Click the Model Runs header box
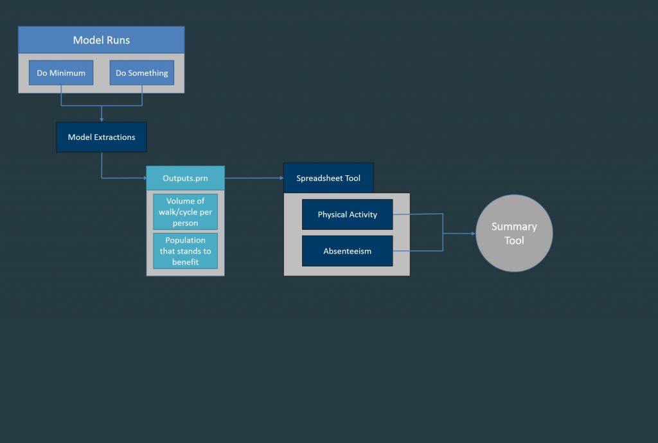pyautogui.click(x=101, y=40)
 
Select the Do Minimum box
pyautogui.click(x=61, y=73)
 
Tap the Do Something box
pyautogui.click(x=142, y=73)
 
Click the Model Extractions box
pyautogui.click(x=102, y=137)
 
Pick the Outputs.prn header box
pyautogui.click(x=186, y=178)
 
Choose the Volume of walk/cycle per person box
pyautogui.click(x=186, y=212)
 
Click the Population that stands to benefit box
pyautogui.click(x=186, y=250)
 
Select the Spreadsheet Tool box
pyautogui.click(x=328, y=178)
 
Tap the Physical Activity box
pyautogui.click(x=348, y=214)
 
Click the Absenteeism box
pyautogui.click(x=348, y=251)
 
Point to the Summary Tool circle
pyautogui.click(x=514, y=233)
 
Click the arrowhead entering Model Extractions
pyautogui.click(x=102, y=120)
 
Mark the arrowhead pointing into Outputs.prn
pyautogui.click(x=145, y=178)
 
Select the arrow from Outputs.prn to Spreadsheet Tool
pyautogui.click(x=254, y=178)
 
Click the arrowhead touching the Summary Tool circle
pyautogui.click(x=474, y=234)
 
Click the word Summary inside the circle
pyautogui.click(x=514, y=227)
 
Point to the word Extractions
pyautogui.click(x=114, y=137)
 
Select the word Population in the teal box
pyautogui.click(x=186, y=240)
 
